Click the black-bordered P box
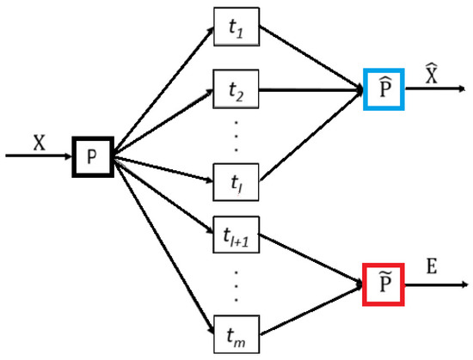(x=92, y=157)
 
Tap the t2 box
(x=236, y=89)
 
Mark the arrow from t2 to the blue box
(x=310, y=88)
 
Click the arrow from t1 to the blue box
(x=310, y=58)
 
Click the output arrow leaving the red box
(x=439, y=284)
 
